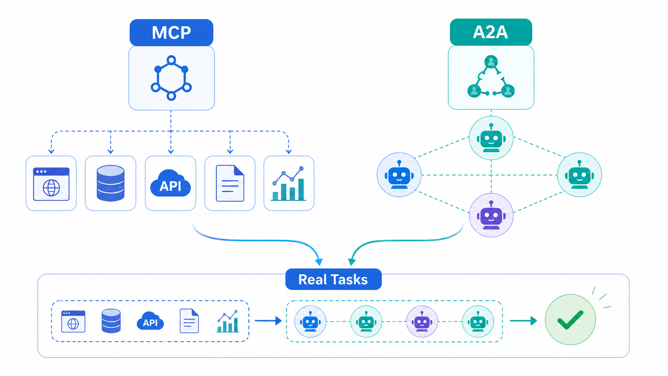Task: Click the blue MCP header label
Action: click(171, 32)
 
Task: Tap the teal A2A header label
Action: click(491, 32)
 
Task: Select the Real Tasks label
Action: click(334, 279)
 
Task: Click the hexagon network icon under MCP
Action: click(171, 78)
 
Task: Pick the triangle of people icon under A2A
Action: click(491, 77)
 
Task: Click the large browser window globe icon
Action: click(51, 184)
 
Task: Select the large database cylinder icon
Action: click(111, 183)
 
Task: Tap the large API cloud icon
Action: click(171, 183)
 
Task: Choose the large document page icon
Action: click(230, 183)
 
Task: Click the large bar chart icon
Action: click(289, 183)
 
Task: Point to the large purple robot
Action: click(491, 215)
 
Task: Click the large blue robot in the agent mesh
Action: click(399, 175)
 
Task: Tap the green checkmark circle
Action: click(571, 320)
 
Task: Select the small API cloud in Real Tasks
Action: click(150, 321)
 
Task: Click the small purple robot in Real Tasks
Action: click(422, 321)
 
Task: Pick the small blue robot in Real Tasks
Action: click(310, 321)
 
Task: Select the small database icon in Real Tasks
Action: click(111, 321)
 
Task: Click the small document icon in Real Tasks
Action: click(189, 321)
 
